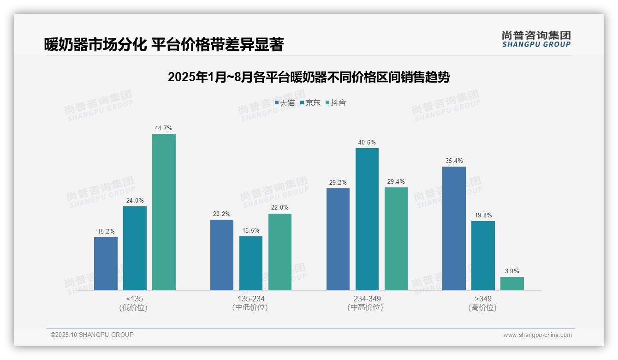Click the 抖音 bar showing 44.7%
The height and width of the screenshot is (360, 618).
coord(164,212)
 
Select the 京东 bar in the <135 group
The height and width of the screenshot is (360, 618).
coord(135,248)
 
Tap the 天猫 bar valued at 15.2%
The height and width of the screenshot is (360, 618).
coord(106,264)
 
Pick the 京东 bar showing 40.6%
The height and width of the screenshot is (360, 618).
coord(367,219)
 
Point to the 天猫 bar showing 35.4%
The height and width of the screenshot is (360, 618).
coord(454,228)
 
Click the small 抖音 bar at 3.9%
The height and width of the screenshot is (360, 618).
coord(512,283)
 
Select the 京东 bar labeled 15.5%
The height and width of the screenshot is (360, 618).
coord(251,263)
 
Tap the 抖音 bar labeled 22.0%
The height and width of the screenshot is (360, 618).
coord(280,252)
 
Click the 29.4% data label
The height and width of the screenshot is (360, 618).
coord(396,182)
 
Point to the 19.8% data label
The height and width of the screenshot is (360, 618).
coord(483,216)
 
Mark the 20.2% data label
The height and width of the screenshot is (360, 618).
coord(222,214)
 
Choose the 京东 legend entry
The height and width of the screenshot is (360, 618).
coord(310,103)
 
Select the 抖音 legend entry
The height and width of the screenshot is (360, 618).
coord(336,103)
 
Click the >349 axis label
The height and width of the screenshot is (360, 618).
coord(483,299)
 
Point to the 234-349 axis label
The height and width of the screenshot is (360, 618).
coord(367,299)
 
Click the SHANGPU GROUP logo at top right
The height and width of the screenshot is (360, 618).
coord(536,39)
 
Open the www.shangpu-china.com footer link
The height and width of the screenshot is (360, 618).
coord(537,335)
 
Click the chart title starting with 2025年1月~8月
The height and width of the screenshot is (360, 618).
coord(309,77)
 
